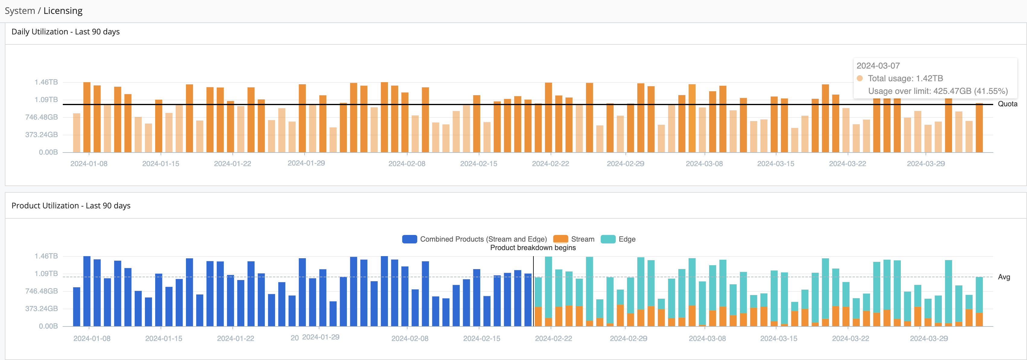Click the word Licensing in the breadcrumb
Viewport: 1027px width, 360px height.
coord(63,11)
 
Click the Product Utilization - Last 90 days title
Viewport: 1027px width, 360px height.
coord(71,206)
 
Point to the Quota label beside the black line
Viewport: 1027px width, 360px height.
coord(1007,104)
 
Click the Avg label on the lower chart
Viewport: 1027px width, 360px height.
coord(1003,277)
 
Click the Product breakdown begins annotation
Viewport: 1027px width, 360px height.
coord(533,248)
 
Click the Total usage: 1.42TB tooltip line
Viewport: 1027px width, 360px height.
coord(905,79)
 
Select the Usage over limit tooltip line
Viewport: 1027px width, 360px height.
coord(938,91)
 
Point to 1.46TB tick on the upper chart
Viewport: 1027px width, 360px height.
coord(46,82)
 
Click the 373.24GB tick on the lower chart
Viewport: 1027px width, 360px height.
coord(41,309)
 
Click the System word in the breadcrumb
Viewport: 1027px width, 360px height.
coord(20,11)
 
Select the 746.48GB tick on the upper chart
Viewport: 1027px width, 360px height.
coord(41,117)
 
